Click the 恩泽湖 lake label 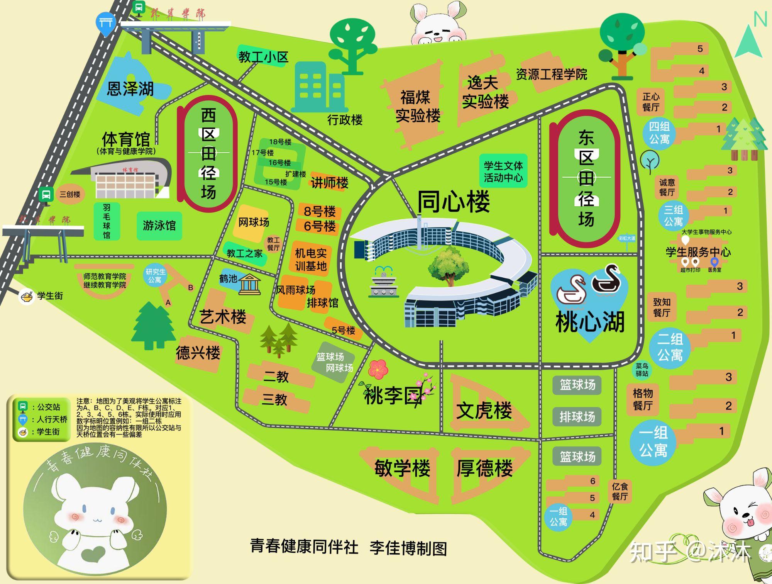pyautogui.click(x=130, y=89)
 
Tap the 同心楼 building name pyautogui.click(x=454, y=201)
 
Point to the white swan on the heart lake pyautogui.click(x=571, y=290)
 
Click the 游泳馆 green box pyautogui.click(x=159, y=226)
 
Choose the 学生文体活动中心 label pyautogui.click(x=503, y=171)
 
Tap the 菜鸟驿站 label pyautogui.click(x=642, y=370)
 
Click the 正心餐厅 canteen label pyautogui.click(x=651, y=102)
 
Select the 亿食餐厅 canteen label pyautogui.click(x=620, y=491)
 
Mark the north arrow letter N pyautogui.click(x=760, y=19)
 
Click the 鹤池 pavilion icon pyautogui.click(x=249, y=285)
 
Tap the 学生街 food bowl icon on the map pyautogui.click(x=27, y=297)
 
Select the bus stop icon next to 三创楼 pyautogui.click(x=46, y=194)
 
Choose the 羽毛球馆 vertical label pyautogui.click(x=107, y=221)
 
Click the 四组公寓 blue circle pyautogui.click(x=659, y=133)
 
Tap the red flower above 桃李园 pyautogui.click(x=378, y=368)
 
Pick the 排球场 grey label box pyautogui.click(x=577, y=417)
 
